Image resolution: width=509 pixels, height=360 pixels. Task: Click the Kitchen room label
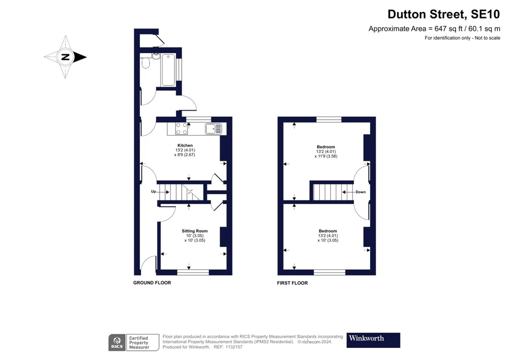pyautogui.click(x=185, y=145)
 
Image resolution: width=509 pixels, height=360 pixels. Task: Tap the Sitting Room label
pyautogui.click(x=195, y=231)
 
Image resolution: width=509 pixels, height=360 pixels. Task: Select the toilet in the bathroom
pyautogui.click(x=146, y=64)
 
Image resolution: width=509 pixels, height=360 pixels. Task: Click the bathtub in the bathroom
pyautogui.click(x=168, y=70)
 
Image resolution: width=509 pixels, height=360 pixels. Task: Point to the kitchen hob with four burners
pyautogui.click(x=182, y=128)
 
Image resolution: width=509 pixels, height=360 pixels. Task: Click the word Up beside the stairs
pyautogui.click(x=153, y=191)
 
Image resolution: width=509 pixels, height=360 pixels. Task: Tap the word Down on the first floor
pyautogui.click(x=360, y=192)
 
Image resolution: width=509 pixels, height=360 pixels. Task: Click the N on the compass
pyautogui.click(x=65, y=57)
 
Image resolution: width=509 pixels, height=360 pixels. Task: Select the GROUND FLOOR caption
pyautogui.click(x=152, y=283)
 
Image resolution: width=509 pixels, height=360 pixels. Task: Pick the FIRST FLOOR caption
pyautogui.click(x=292, y=283)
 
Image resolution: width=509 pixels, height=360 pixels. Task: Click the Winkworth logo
pyautogui.click(x=373, y=340)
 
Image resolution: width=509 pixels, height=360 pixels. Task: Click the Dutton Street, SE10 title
pyautogui.click(x=444, y=14)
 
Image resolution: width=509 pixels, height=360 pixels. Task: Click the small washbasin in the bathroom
pyautogui.click(x=156, y=57)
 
